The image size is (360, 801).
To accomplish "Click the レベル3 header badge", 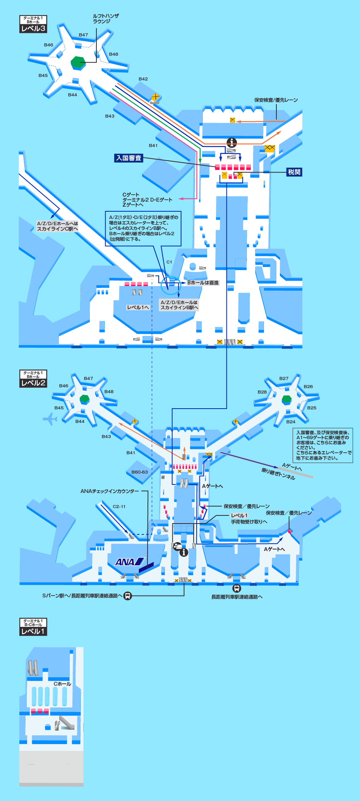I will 33,28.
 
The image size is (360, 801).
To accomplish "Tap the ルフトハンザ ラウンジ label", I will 106,19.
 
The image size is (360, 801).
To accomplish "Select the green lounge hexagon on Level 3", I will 78,62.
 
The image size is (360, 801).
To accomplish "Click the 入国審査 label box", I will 129,158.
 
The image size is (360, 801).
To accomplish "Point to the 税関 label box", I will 294,172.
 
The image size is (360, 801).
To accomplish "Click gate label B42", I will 143,79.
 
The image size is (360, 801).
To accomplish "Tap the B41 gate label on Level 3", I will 153,145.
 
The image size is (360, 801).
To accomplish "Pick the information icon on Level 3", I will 231,142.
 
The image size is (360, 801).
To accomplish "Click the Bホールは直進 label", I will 203,282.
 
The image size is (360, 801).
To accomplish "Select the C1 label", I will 169,262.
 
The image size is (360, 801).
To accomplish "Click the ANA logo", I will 130,562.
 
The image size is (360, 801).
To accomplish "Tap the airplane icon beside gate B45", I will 50,419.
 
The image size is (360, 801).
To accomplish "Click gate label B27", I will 284,378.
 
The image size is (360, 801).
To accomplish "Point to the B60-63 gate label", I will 139,472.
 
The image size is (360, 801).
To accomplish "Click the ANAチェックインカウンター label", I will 110,491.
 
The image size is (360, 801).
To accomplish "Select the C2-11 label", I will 119,507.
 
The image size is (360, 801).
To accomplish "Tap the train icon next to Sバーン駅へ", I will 128,596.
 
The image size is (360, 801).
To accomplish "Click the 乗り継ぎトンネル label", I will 278,474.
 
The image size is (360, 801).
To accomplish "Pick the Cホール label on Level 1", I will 62,684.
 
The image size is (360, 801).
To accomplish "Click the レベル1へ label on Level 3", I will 138,307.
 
